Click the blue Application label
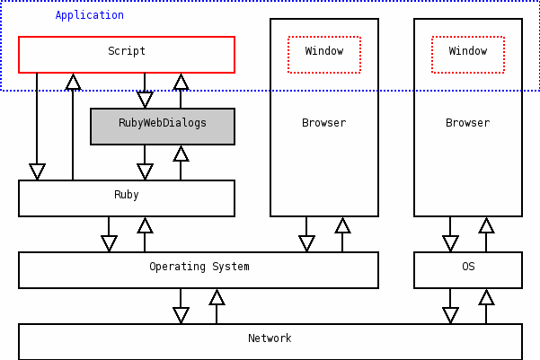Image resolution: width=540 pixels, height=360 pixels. click(90, 15)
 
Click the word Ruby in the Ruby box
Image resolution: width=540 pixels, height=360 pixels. click(126, 195)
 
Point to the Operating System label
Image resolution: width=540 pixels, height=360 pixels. click(199, 267)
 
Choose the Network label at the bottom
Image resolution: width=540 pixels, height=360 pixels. click(270, 338)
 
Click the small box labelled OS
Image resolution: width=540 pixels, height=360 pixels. click(467, 268)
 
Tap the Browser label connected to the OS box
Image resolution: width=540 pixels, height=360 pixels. click(467, 123)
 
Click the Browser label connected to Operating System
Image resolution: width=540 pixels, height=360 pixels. click(323, 123)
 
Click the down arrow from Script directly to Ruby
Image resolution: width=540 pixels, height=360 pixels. click(37, 171)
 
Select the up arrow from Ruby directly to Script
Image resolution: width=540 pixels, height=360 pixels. click(73, 83)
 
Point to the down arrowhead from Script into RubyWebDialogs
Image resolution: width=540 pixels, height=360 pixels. click(145, 100)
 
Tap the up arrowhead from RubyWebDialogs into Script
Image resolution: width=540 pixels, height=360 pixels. click(181, 83)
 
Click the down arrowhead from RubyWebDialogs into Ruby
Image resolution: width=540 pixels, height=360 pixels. click(145, 171)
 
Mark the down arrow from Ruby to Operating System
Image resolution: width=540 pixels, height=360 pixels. click(109, 242)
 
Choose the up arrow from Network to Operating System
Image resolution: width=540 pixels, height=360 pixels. click(217, 298)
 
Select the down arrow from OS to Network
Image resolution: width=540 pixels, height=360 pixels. click(450, 314)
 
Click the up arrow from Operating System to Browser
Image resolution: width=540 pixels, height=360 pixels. click(342, 226)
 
